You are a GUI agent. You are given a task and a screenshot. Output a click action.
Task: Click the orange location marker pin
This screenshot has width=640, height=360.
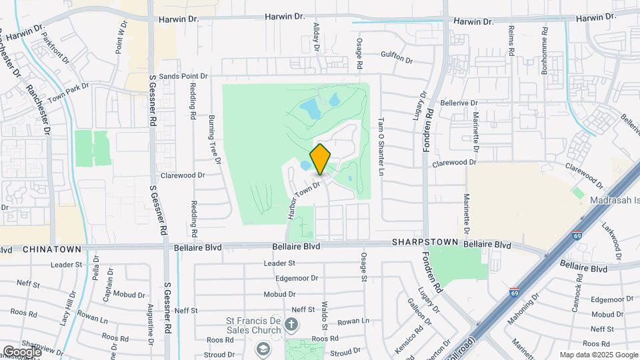point(321,159)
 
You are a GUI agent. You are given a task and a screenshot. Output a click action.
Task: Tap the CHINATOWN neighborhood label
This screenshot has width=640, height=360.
point(51,249)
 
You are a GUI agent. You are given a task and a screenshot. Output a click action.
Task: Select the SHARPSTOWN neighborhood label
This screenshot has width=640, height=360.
point(425,241)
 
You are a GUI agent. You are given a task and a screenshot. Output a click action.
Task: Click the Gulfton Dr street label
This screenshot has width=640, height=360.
point(397,59)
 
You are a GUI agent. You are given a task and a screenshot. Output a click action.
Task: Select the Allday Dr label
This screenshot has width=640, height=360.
point(317,37)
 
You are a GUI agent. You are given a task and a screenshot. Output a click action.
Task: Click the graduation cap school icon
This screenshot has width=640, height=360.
point(264,349)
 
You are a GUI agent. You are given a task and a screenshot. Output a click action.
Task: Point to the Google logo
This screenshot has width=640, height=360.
point(21,351)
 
